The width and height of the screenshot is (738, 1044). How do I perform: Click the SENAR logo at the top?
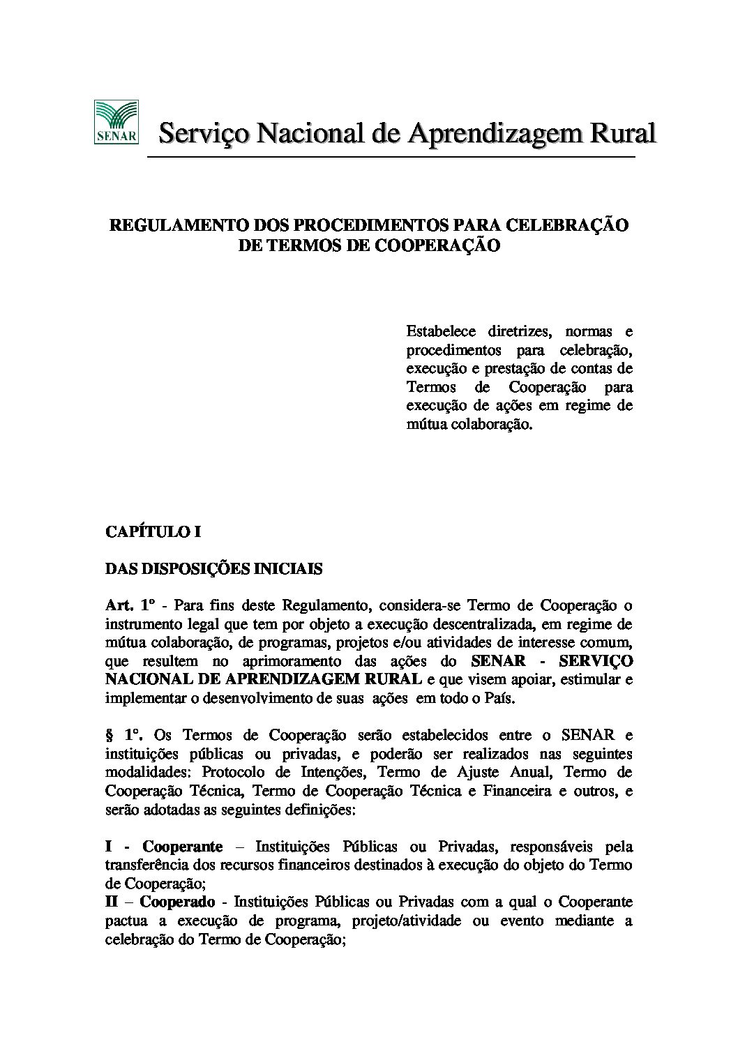(x=116, y=123)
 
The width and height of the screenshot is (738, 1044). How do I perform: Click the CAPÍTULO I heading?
(x=153, y=532)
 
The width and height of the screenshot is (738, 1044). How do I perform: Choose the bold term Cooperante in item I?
(x=183, y=847)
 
